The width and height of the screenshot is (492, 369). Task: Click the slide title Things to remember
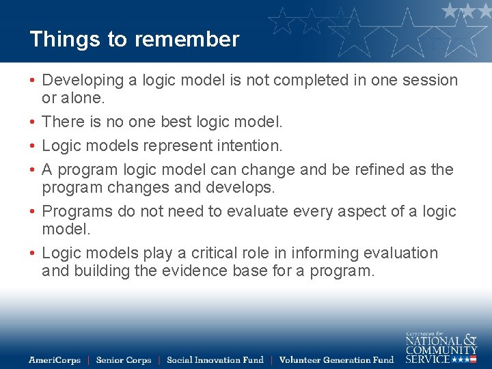coord(134,39)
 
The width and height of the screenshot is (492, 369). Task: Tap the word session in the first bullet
coord(430,81)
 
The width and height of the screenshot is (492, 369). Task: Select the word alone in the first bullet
coord(83,98)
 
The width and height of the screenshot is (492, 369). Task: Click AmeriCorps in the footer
coord(55,360)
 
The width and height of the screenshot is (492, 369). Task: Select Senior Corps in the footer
coord(124,360)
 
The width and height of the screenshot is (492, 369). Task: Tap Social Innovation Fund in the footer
coord(215,360)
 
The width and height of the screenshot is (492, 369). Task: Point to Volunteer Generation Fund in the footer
coord(337,360)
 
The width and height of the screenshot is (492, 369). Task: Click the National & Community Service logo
coord(441,347)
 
